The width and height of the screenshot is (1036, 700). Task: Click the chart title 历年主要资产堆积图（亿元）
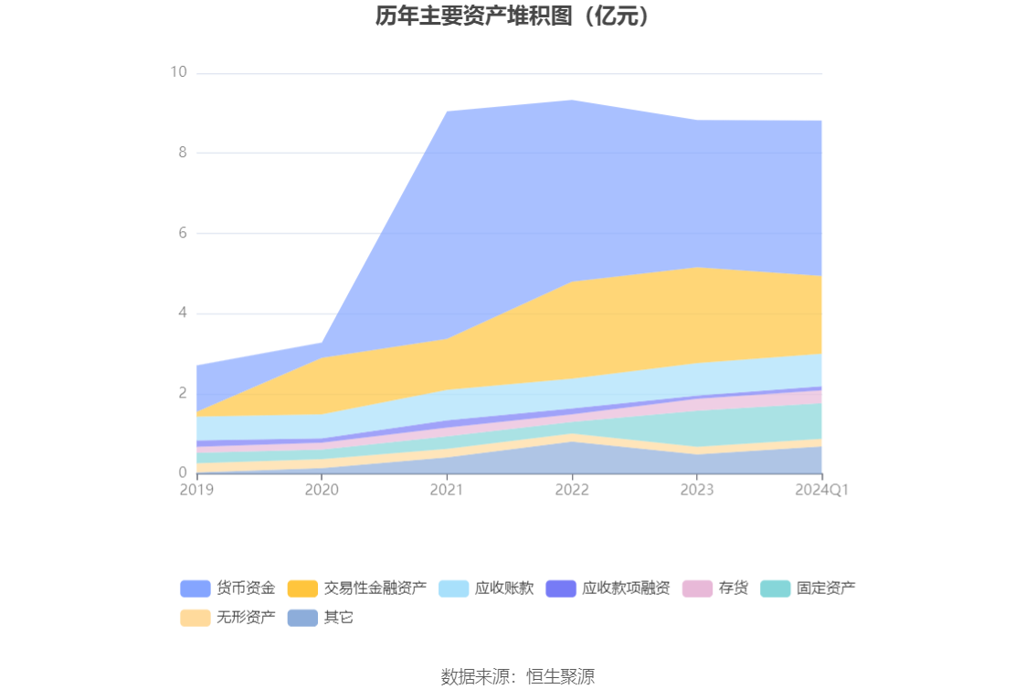pos(517,16)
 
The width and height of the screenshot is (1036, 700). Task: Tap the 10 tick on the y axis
pos(178,72)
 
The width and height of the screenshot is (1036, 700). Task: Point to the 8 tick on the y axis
pos(183,153)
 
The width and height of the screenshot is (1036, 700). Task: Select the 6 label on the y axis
pos(183,233)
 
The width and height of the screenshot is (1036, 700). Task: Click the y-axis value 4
pos(183,313)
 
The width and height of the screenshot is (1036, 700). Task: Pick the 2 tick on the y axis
pos(183,393)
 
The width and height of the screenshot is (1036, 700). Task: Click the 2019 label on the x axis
pos(196,490)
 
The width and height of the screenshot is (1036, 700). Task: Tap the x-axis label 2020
pos(322,490)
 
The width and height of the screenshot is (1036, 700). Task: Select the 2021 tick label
pos(447,490)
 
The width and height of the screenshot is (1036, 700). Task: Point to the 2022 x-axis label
pos(572,490)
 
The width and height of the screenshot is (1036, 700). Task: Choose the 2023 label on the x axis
pos(697,490)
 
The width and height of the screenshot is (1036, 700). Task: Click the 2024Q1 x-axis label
pos(822,490)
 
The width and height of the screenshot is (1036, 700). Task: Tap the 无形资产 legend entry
pos(245,618)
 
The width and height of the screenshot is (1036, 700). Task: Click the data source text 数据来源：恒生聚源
pos(517,677)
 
